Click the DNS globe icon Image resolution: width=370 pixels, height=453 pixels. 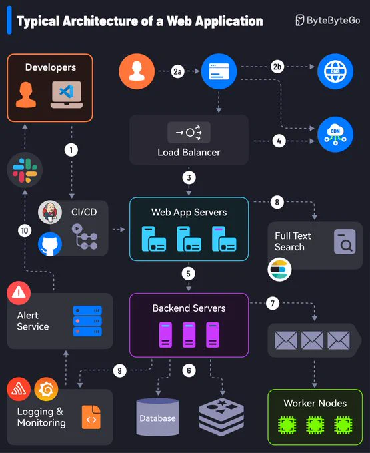coord(335,71)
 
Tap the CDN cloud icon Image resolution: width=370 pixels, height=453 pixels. coord(335,135)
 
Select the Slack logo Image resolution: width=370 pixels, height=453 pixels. coord(25,170)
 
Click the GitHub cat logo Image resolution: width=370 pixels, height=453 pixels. coord(50,244)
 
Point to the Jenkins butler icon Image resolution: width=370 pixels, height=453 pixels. coord(50,212)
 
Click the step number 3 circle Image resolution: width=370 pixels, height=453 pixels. coord(189,177)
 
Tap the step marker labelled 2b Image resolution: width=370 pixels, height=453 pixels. coord(277,67)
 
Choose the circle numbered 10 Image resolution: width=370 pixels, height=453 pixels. coord(25,230)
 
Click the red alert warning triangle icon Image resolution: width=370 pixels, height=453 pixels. coord(19,293)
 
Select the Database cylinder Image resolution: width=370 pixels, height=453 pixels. coord(157,417)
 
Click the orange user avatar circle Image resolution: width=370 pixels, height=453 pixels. coord(137,71)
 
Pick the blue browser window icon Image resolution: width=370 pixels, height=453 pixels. coord(219,71)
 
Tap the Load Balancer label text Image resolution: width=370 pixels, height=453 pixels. coord(189,152)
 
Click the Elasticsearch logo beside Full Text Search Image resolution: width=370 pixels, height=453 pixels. coord(279,270)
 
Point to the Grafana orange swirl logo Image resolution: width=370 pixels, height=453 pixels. coord(46,389)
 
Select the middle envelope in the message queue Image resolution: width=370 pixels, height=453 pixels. coord(312,340)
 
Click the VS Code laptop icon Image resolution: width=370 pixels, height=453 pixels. coord(67,95)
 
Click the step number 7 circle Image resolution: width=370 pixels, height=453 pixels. coord(273,303)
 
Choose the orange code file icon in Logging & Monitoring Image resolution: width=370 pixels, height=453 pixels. coord(91,417)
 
